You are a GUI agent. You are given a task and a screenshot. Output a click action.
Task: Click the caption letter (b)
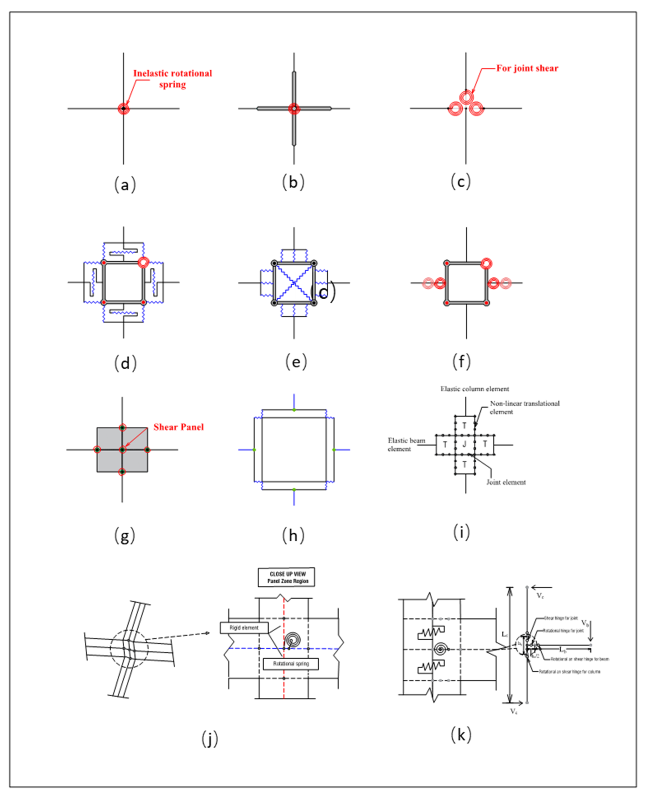pos(293,182)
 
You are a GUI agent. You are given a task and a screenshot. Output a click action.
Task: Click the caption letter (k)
pos(461,735)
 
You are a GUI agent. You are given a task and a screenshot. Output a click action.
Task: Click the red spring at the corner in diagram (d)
pos(143,262)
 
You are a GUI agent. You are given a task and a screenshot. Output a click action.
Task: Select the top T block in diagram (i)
pos(464,425)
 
